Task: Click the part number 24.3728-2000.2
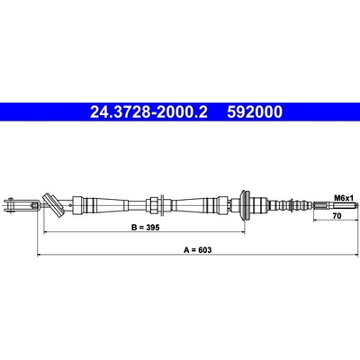click(x=148, y=112)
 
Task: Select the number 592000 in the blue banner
click(x=255, y=112)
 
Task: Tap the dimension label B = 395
click(x=146, y=228)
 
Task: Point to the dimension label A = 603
click(x=198, y=250)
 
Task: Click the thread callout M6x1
click(x=344, y=198)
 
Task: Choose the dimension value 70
click(x=337, y=216)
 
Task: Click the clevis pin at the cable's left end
click(x=11, y=205)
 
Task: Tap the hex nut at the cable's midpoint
click(x=154, y=205)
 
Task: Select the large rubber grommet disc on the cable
click(x=245, y=205)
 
